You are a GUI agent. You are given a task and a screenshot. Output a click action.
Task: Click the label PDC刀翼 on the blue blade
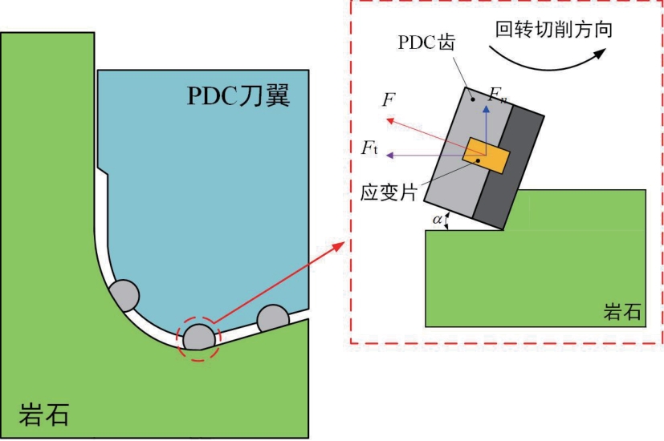click(238, 95)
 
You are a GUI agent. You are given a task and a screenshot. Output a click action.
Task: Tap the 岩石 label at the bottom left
click(44, 414)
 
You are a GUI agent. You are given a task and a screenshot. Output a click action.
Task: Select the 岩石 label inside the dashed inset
click(621, 311)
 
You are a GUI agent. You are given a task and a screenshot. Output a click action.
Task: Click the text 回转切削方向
click(554, 30)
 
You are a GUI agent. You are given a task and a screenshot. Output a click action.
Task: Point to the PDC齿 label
click(426, 42)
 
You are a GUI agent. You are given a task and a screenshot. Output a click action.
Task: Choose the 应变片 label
click(389, 192)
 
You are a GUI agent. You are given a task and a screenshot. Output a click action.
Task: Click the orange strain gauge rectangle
click(486, 156)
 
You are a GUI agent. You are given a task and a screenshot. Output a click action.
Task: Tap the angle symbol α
click(437, 220)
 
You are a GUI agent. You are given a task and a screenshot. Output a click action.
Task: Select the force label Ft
click(369, 148)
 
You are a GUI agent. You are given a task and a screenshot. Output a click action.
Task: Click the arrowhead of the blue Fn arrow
click(486, 109)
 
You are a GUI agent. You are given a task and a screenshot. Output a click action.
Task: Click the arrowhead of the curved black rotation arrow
click(601, 53)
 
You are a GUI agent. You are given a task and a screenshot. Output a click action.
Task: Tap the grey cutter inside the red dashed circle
click(198, 337)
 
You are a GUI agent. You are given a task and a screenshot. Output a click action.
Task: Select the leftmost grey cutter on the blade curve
click(124, 295)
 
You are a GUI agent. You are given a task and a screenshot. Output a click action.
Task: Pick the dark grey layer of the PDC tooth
click(508, 166)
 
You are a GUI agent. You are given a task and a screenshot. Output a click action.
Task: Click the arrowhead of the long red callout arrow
click(338, 246)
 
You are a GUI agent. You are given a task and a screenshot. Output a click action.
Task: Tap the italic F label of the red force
click(389, 99)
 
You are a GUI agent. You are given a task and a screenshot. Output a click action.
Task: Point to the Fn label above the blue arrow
click(497, 95)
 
